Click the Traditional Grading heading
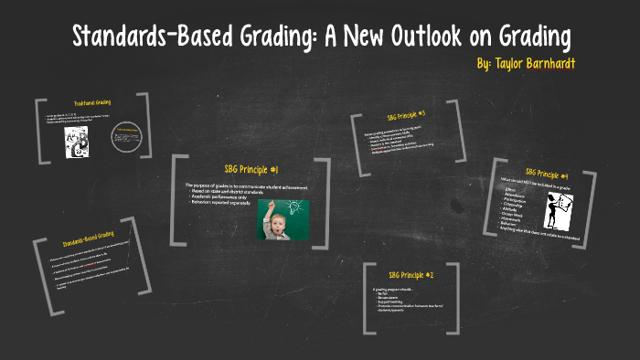[95, 102]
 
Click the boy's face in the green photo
[274, 217]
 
